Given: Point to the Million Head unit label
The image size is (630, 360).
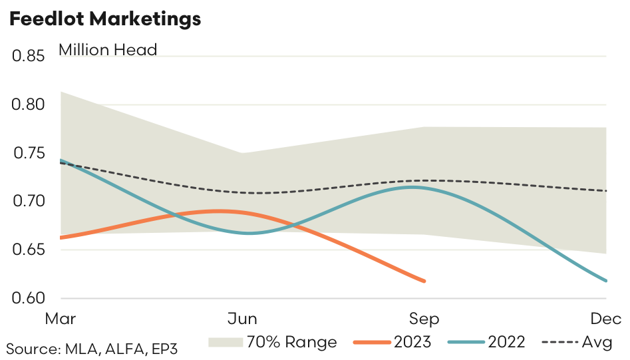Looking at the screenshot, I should [x=108, y=50].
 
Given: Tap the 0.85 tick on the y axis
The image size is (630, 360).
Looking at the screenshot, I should [x=27, y=57].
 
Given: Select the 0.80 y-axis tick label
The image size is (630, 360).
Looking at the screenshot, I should [x=27, y=105].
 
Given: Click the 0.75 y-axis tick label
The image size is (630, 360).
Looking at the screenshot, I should [x=27, y=154].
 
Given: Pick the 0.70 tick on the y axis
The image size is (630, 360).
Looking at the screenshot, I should [x=27, y=202].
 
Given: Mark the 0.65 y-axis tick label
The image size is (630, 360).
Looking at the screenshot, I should [x=27, y=250].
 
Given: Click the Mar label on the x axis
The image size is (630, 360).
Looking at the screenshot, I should [x=61, y=319].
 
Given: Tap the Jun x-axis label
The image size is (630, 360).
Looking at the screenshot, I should [x=242, y=319].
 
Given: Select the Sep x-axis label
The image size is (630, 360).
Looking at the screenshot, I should [x=424, y=319].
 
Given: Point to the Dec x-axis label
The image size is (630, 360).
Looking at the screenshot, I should [x=605, y=319].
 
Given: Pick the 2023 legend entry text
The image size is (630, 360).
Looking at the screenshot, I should [x=412, y=342].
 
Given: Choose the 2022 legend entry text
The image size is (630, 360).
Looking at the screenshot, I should [x=506, y=342].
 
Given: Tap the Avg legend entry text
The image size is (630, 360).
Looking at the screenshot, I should [x=597, y=342].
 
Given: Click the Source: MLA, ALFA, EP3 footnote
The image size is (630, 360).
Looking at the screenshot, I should [x=92, y=348].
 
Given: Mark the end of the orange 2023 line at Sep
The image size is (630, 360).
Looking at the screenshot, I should [x=424, y=281].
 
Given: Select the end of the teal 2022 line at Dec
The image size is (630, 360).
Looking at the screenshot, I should [x=605, y=281].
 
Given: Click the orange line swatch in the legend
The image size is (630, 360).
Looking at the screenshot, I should [x=371, y=342].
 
